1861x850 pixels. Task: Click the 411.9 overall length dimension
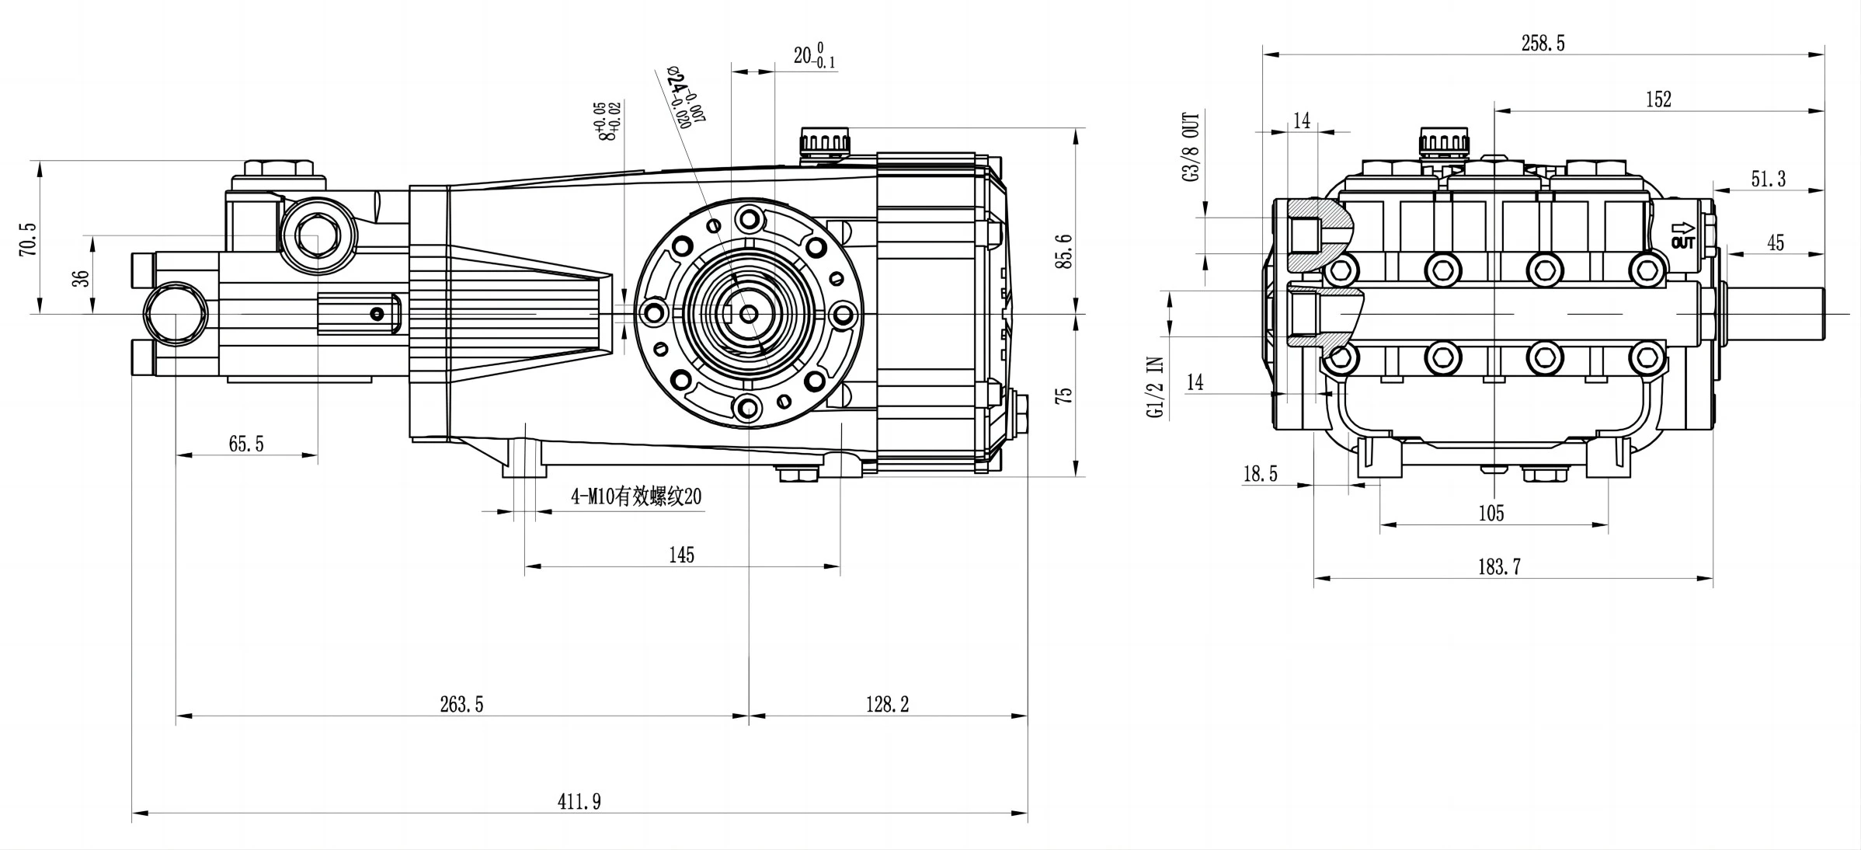579,801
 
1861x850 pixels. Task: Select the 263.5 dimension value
461,704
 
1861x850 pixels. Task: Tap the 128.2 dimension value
887,704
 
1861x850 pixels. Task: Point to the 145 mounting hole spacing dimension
681,555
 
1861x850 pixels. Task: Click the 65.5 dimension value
246,444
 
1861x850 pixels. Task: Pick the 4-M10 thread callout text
636,496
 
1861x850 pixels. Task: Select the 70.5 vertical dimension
28,239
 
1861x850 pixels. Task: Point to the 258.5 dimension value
1543,44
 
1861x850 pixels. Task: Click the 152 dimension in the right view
1658,99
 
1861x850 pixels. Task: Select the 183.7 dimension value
1499,567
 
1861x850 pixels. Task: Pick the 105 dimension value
1491,513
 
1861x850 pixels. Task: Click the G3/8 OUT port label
1191,147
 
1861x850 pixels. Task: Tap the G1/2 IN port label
1156,388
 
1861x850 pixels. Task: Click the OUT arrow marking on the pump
1683,235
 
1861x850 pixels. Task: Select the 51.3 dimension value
1768,179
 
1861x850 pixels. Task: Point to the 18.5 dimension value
1260,474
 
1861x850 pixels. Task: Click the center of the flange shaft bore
749,313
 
